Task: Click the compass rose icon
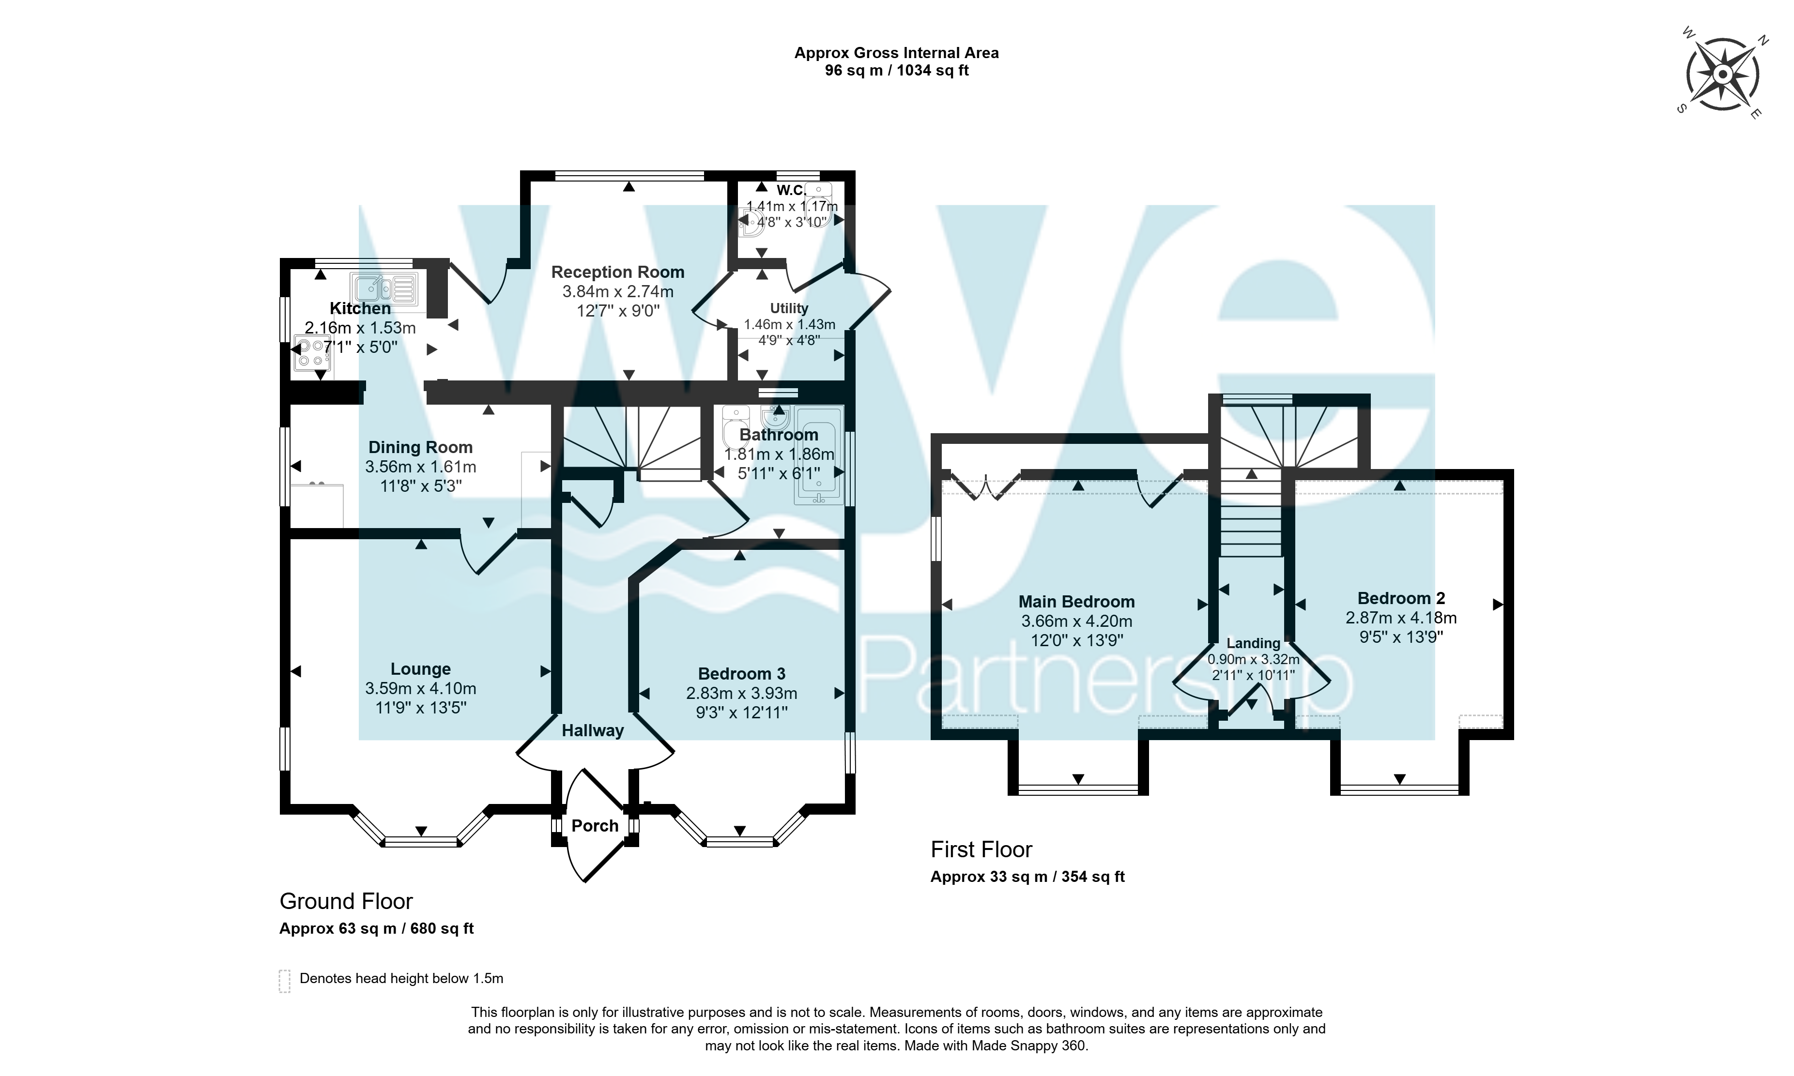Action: (x=1722, y=75)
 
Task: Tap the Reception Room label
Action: (x=618, y=272)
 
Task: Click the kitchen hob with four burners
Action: (x=312, y=353)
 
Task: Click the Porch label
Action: (x=595, y=825)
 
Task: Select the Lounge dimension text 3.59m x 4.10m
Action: (x=421, y=688)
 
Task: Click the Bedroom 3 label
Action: (x=741, y=674)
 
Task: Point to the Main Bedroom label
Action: (x=1076, y=601)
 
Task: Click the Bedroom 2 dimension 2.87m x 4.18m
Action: (x=1401, y=618)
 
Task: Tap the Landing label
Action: (x=1253, y=643)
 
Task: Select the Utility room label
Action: (x=789, y=308)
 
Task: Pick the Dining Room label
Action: (x=421, y=447)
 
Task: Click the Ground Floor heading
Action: (x=346, y=901)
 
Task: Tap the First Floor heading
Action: (x=981, y=849)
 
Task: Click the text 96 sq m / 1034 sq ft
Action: (x=896, y=70)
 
